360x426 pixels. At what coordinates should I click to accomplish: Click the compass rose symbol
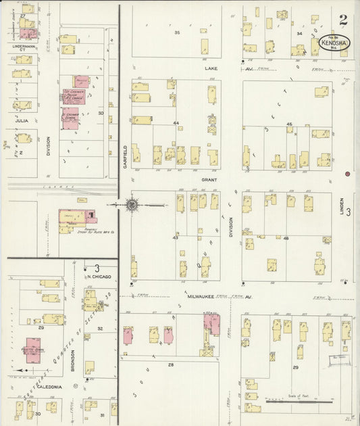pyautogui.click(x=132, y=204)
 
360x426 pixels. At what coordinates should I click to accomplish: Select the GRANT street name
pyautogui.click(x=208, y=181)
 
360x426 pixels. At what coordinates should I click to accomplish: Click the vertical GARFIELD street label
pyautogui.click(x=126, y=156)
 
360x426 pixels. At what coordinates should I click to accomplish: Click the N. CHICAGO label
pyautogui.click(x=98, y=277)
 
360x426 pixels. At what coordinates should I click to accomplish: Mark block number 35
pyautogui.click(x=177, y=32)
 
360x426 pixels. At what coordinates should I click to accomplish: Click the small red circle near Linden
pyautogui.click(x=346, y=174)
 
